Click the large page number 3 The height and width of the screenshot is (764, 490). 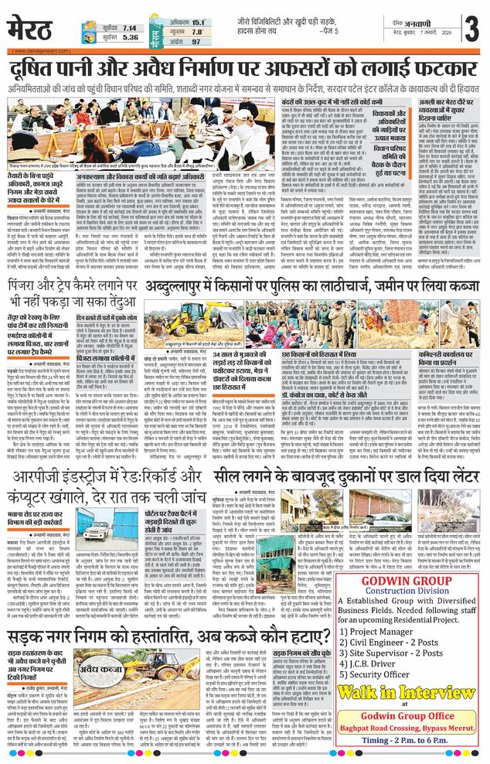pos(468,30)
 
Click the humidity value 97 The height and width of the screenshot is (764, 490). pos(196,41)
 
